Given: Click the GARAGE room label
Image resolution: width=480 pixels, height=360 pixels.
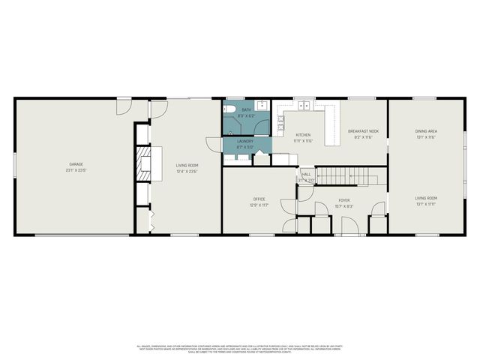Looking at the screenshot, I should point(76,163).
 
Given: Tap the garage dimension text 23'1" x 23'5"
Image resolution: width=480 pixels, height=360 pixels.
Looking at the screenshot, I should point(76,170).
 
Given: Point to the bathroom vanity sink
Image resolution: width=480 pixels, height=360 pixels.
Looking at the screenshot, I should point(262,106).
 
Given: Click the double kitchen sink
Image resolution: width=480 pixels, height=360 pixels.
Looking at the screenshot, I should point(304,105).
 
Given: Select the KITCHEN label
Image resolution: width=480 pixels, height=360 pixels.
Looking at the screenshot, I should point(303,135).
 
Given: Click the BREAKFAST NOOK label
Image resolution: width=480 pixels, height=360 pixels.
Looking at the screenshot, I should point(363,131).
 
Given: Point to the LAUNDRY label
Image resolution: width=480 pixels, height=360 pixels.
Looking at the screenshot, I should point(245,141).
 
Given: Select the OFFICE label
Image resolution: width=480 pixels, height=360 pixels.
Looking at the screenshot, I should point(259,199).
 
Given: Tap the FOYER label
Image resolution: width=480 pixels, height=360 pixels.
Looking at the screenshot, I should point(343,199).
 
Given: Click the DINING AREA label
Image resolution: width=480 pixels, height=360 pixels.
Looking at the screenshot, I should point(426,131).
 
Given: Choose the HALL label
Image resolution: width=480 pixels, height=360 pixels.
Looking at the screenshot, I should point(306,174).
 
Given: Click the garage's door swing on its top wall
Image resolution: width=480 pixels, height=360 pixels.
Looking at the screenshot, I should point(122,106).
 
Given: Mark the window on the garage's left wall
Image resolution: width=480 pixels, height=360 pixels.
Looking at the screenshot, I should point(14,165).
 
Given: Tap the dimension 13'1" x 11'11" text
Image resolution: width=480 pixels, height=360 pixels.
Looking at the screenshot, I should point(426,204).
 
